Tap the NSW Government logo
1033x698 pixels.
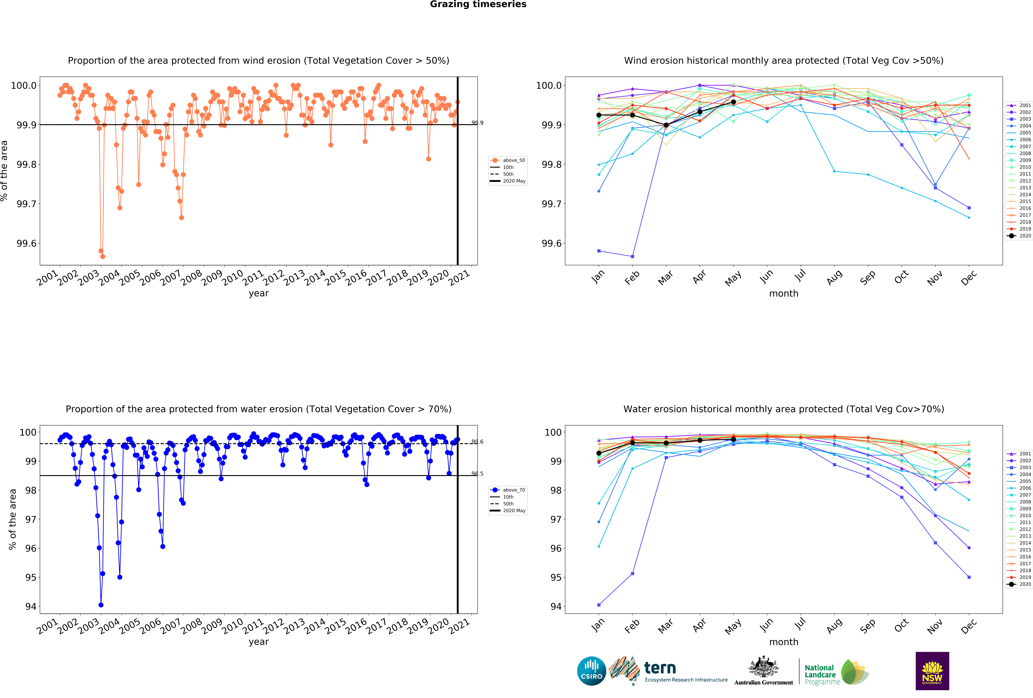[932, 671]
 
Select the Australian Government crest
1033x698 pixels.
[763, 666]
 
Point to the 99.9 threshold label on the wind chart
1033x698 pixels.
[477, 123]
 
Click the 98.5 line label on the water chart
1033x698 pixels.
[477, 474]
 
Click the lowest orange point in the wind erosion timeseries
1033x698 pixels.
[103, 256]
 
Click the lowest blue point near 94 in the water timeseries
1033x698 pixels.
[101, 605]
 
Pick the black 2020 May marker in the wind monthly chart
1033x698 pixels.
[733, 102]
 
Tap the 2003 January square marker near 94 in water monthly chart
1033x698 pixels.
[599, 605]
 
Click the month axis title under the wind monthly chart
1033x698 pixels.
[784, 294]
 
